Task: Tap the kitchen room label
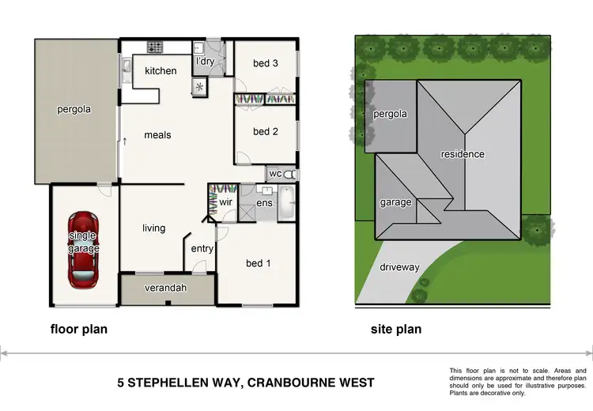pyautogui.click(x=161, y=71)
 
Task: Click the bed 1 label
pyautogui.click(x=258, y=263)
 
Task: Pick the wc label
pyautogui.click(x=275, y=173)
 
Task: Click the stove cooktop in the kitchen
pyautogui.click(x=155, y=46)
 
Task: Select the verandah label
pyautogui.click(x=167, y=288)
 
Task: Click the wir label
pyautogui.click(x=225, y=203)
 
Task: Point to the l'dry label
pyautogui.click(x=205, y=62)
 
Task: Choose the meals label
pyautogui.click(x=157, y=135)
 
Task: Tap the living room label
pyautogui.click(x=153, y=228)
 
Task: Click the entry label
pyautogui.click(x=202, y=249)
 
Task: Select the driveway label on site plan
pyautogui.click(x=400, y=267)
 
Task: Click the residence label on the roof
pyautogui.click(x=463, y=154)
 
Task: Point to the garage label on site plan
pyautogui.click(x=395, y=202)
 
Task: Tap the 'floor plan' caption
pyautogui.click(x=78, y=329)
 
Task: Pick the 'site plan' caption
pyautogui.click(x=396, y=329)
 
